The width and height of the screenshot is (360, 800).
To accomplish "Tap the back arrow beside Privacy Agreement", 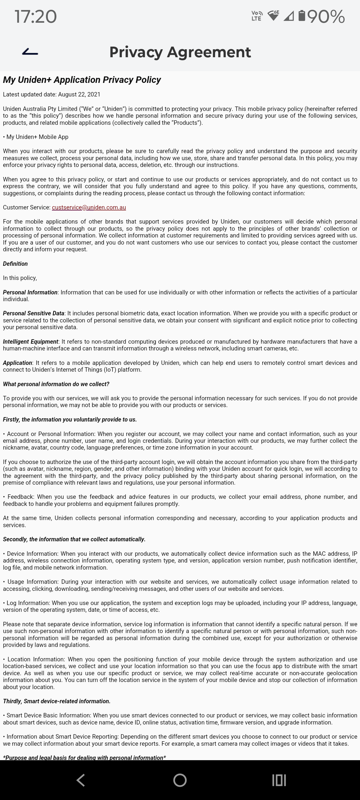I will pyautogui.click(x=30, y=52).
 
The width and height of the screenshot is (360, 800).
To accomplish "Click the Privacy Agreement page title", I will pyautogui.click(x=180, y=52).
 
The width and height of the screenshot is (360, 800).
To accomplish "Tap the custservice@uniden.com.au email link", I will pyautogui.click(x=89, y=207).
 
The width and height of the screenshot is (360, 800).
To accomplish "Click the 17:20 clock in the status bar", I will pyautogui.click(x=35, y=17).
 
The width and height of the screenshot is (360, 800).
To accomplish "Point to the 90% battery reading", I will pyautogui.click(x=326, y=17).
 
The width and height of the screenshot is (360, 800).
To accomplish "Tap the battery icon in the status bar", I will pyautogui.click(x=301, y=16).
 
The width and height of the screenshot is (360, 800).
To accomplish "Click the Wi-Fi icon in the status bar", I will pyautogui.click(x=273, y=16).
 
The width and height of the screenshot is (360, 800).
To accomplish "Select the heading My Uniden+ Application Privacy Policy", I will pyautogui.click(x=82, y=80).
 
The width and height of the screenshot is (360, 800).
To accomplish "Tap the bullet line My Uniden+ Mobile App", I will pyautogui.click(x=37, y=137).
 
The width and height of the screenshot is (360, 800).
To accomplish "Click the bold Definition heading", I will pyautogui.click(x=15, y=264).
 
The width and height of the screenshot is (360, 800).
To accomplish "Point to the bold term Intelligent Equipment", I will pyautogui.click(x=30, y=342).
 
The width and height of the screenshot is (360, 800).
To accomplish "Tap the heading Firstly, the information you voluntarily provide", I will pyautogui.click(x=70, y=419).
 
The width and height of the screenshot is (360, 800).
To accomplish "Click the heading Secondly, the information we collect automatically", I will pyautogui.click(x=74, y=540).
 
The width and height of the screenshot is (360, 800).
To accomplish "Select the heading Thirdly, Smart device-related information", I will pyautogui.click(x=57, y=701).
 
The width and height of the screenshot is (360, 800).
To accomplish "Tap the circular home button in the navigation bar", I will pyautogui.click(x=180, y=780).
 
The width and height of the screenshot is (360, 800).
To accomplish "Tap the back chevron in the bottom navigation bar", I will pyautogui.click(x=81, y=780).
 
